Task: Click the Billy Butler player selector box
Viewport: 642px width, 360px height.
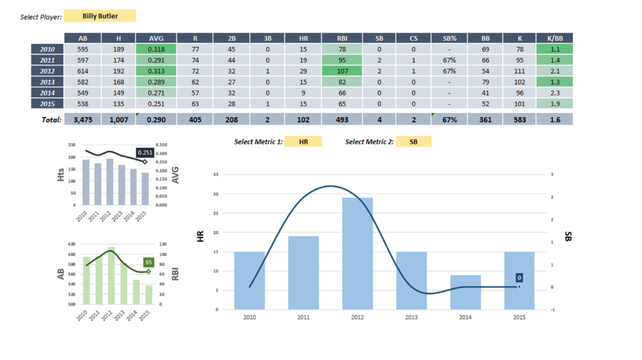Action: [x=100, y=16]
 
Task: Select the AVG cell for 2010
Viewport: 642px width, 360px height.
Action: [x=155, y=48]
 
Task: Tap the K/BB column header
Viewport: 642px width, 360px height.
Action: [x=554, y=38]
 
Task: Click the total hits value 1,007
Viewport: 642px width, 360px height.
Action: [x=118, y=119]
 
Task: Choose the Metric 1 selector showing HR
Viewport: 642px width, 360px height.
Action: [x=303, y=142]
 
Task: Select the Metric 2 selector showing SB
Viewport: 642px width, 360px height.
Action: [x=413, y=142]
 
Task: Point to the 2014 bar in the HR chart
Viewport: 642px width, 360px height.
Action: [x=465, y=292]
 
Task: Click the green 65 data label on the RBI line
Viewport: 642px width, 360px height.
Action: [x=149, y=262]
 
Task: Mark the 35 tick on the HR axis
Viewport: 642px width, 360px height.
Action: [x=215, y=174]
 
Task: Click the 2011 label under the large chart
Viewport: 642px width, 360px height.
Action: [x=303, y=318]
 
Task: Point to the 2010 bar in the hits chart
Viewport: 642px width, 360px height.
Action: [x=86, y=182]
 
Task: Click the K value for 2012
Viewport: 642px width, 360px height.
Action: [x=518, y=70]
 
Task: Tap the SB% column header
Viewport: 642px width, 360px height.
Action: [x=449, y=38]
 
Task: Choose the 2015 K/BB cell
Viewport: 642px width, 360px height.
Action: [x=554, y=103]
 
